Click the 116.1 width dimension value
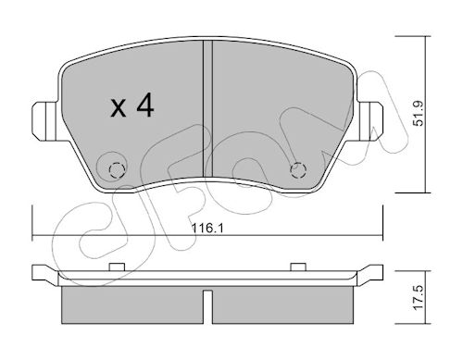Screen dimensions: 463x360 tap(207, 229)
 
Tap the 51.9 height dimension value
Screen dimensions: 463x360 tap(419, 113)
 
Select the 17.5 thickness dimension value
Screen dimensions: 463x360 tap(419, 298)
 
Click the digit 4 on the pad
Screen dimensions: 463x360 tap(145, 105)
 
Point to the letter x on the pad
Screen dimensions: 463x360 tap(119, 108)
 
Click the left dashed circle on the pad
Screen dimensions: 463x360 tap(117, 169)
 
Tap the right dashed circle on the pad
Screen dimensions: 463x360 tap(298, 169)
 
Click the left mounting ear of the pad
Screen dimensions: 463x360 tap(45, 121)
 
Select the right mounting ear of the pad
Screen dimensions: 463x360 tap(369, 121)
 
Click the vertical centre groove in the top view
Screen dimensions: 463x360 tap(207, 109)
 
